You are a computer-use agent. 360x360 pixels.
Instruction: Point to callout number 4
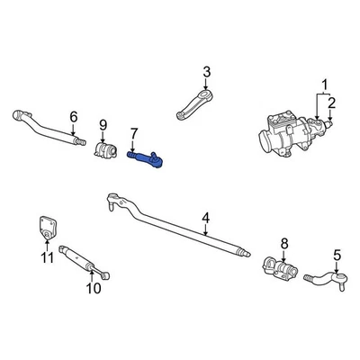click(205, 217)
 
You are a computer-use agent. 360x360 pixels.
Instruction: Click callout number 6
click(74, 115)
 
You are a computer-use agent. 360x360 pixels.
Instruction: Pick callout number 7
click(134, 135)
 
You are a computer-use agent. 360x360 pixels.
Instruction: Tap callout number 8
click(283, 242)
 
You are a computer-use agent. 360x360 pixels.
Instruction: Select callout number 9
click(103, 124)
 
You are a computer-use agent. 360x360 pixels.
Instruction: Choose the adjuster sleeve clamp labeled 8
click(279, 269)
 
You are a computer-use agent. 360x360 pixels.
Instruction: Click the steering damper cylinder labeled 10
click(83, 261)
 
